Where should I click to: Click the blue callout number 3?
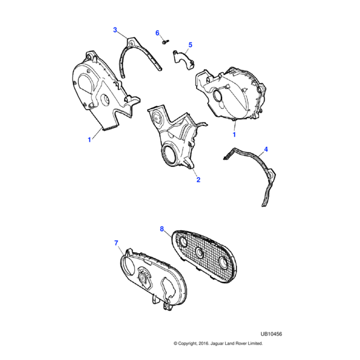point(115,30)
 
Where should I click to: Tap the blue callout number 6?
point(157,33)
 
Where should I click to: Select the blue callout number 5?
point(190,45)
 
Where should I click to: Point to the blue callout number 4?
point(266,149)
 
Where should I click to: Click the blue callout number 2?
point(199,180)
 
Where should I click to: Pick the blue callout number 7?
point(116,243)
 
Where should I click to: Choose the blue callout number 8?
point(162,229)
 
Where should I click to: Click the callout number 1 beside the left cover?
point(89,140)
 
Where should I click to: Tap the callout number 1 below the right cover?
point(234,134)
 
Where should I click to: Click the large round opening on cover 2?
point(169,154)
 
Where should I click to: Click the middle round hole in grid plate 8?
point(199,252)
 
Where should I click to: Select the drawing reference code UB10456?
point(271,334)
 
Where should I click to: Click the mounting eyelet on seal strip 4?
point(271,175)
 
